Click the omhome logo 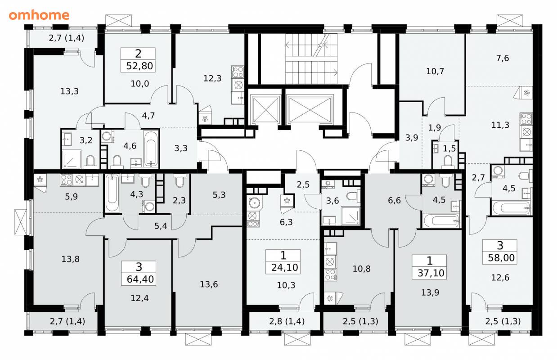[39, 15]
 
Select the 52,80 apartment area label [139, 66]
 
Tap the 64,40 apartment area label [140, 279]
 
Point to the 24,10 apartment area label [284, 267]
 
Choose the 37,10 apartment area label [431, 273]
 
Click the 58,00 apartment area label [501, 258]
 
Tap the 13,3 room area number [69, 91]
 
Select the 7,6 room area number [503, 58]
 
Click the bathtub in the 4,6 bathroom [151, 149]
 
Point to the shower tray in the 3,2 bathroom [72, 159]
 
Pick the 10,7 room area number [435, 72]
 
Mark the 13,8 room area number [70, 259]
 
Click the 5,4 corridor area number [161, 226]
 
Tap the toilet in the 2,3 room [180, 180]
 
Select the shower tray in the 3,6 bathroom [351, 216]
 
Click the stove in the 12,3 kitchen [238, 72]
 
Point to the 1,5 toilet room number [449, 148]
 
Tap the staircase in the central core [311, 59]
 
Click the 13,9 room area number [430, 292]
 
